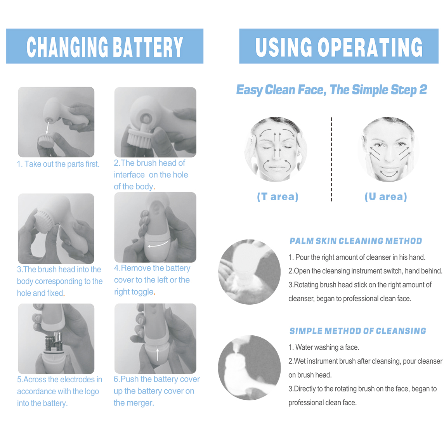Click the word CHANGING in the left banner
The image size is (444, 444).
pyautogui.click(x=67, y=47)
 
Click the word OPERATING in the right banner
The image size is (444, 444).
pyautogui.click(x=370, y=47)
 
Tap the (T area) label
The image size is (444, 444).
pyautogui.click(x=278, y=197)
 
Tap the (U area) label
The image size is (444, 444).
pyautogui.click(x=386, y=197)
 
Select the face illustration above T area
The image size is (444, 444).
pyautogui.click(x=276, y=149)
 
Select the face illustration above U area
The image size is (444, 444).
pyautogui.click(x=388, y=149)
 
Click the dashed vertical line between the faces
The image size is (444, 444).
pyautogui.click(x=331, y=159)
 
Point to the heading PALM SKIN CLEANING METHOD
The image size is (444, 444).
pyautogui.click(x=356, y=241)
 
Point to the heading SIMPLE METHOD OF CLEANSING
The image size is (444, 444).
pyautogui.click(x=357, y=331)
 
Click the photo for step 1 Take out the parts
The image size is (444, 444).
pyautogui.click(x=56, y=122)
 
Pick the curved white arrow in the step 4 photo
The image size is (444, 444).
pyautogui.click(x=158, y=245)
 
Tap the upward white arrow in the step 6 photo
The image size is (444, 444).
pyautogui.click(x=158, y=354)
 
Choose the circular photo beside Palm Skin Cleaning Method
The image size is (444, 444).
pyautogui.click(x=249, y=272)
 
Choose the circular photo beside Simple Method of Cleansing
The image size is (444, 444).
pyautogui.click(x=249, y=368)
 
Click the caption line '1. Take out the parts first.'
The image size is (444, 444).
pyautogui.click(x=58, y=164)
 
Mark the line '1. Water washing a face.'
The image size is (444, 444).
pyautogui.click(x=324, y=347)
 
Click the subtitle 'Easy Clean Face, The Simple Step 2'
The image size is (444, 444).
pyautogui.click(x=331, y=90)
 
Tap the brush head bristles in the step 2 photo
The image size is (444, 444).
pyautogui.click(x=142, y=136)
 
